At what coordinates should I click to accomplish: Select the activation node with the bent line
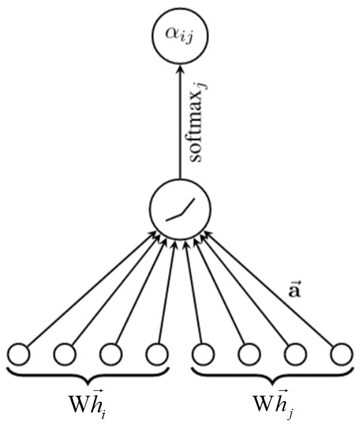tap(179, 207)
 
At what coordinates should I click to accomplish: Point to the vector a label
tap(295, 292)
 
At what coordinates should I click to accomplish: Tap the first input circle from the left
tap(19, 354)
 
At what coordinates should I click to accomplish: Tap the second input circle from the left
tap(65, 354)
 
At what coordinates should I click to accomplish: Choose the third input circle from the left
tap(111, 354)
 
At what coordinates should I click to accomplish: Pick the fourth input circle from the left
tap(156, 354)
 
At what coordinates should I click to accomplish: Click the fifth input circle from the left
tap(203, 354)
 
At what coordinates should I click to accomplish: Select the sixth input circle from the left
tap(248, 354)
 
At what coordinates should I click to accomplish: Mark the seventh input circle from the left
tap(295, 354)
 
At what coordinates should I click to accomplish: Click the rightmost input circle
tap(340, 354)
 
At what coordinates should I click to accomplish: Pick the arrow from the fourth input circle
tap(164, 293)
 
